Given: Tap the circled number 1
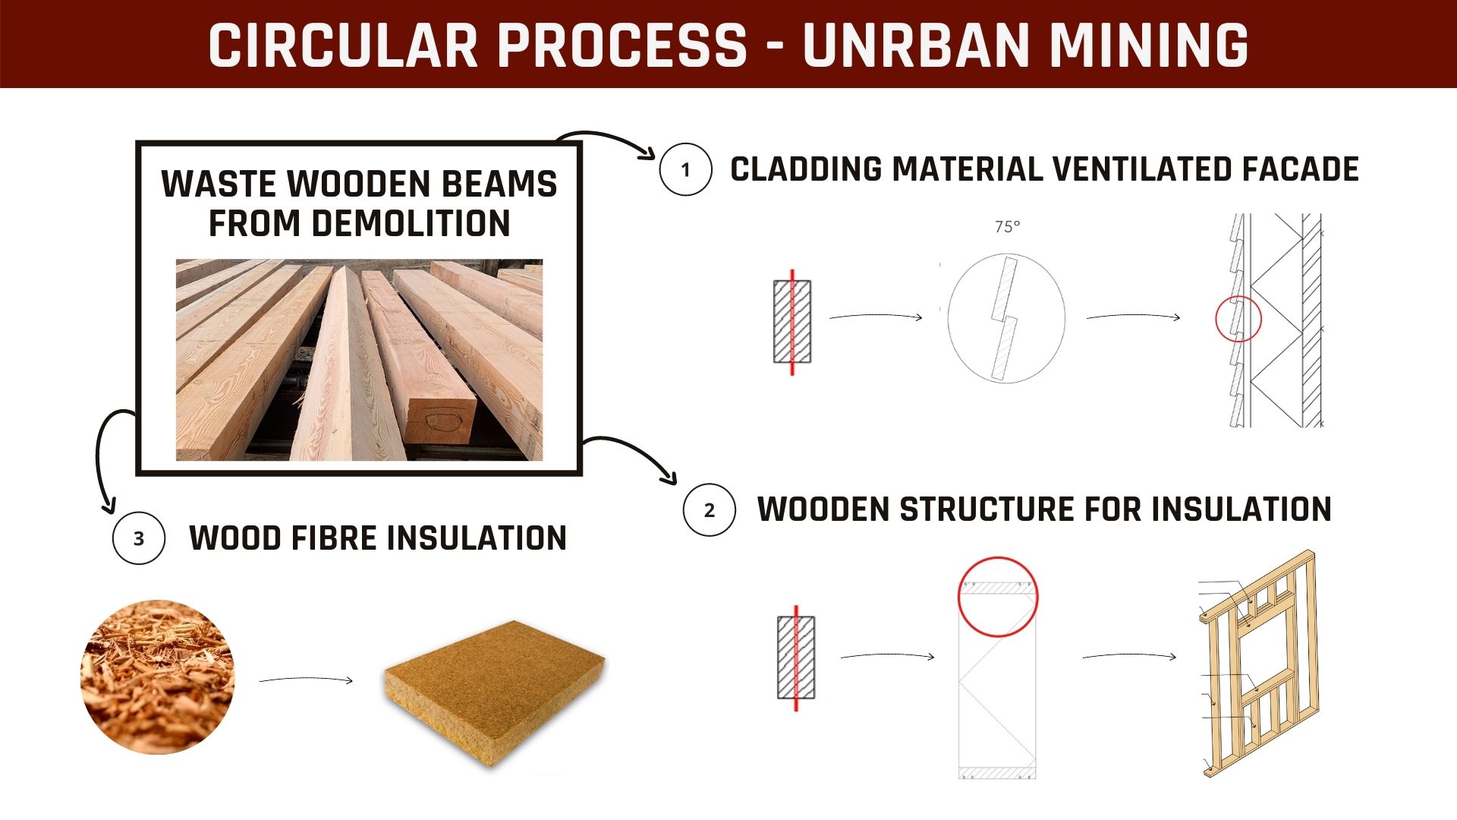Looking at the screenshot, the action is click(x=686, y=169).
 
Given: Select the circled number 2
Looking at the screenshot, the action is click(x=710, y=510).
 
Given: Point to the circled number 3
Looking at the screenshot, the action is click(x=139, y=538).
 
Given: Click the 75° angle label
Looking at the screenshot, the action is click(x=1008, y=226).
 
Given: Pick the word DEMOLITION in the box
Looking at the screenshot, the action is click(x=359, y=223).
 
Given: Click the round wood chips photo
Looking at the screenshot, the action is click(x=157, y=676).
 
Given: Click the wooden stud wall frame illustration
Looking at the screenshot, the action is click(x=1260, y=663).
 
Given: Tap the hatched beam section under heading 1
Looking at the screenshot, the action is click(x=792, y=321).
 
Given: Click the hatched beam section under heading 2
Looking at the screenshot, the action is click(x=796, y=658).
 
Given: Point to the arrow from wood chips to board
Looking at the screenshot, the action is click(x=306, y=679).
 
